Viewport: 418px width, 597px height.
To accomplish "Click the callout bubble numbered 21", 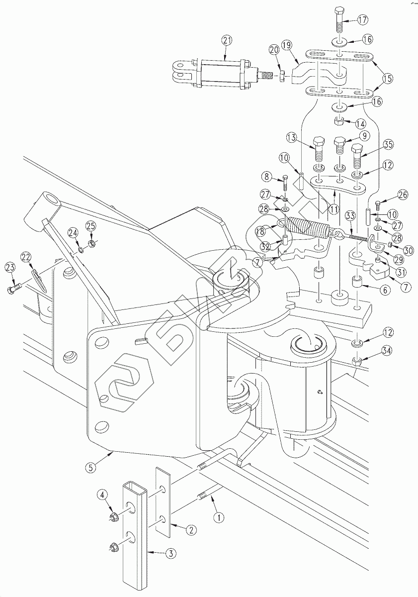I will click(227, 41).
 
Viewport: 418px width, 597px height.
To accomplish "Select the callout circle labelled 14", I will click(360, 123).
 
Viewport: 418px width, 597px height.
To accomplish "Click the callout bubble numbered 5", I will click(90, 467).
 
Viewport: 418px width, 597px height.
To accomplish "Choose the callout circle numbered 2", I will click(190, 530).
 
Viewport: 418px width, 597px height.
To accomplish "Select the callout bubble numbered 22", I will click(26, 257).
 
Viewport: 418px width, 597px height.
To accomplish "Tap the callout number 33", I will click(351, 216).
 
